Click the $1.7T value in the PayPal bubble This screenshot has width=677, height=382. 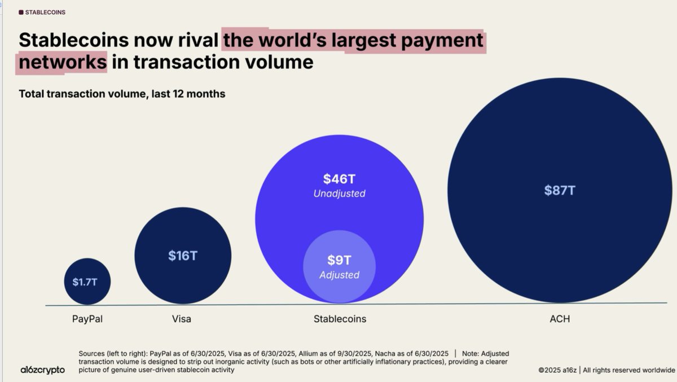tap(85, 282)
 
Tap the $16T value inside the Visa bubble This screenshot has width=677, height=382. tap(183, 256)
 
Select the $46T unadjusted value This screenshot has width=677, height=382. tap(339, 179)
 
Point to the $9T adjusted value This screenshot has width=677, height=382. tap(339, 260)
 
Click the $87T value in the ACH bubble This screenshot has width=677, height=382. tap(559, 190)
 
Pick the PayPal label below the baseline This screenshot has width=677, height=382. tap(87, 319)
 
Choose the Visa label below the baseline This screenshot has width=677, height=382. tap(182, 319)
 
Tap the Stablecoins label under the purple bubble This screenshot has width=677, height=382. tap(340, 319)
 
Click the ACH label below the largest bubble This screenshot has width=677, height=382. tap(560, 319)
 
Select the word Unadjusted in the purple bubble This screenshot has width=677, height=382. tap(339, 194)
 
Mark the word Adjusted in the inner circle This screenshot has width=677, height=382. tap(339, 275)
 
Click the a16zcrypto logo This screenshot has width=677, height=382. tap(42, 370)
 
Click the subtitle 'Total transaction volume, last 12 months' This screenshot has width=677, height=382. tap(122, 94)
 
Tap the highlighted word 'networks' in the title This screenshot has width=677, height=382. tap(62, 61)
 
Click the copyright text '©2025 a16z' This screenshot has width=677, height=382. tap(557, 370)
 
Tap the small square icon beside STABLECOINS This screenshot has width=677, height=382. tap(21, 12)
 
